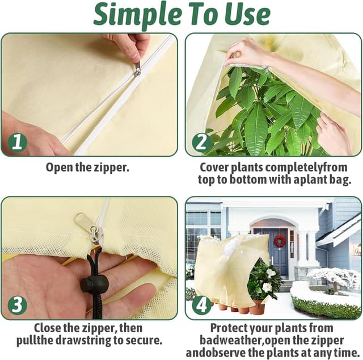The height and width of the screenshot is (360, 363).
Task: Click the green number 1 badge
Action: [x=18, y=143]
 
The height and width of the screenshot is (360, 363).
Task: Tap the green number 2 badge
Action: [x=201, y=143]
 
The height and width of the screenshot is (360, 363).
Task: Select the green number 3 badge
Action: [x=18, y=305]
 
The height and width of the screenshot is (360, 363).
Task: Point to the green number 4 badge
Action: [x=201, y=305]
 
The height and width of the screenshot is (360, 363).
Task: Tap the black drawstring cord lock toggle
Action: [x=94, y=284]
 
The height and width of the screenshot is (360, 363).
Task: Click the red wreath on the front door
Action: [x=280, y=241]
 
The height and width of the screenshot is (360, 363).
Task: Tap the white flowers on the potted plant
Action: [x=268, y=279]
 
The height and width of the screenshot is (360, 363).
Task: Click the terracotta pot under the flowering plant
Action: [x=257, y=307]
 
